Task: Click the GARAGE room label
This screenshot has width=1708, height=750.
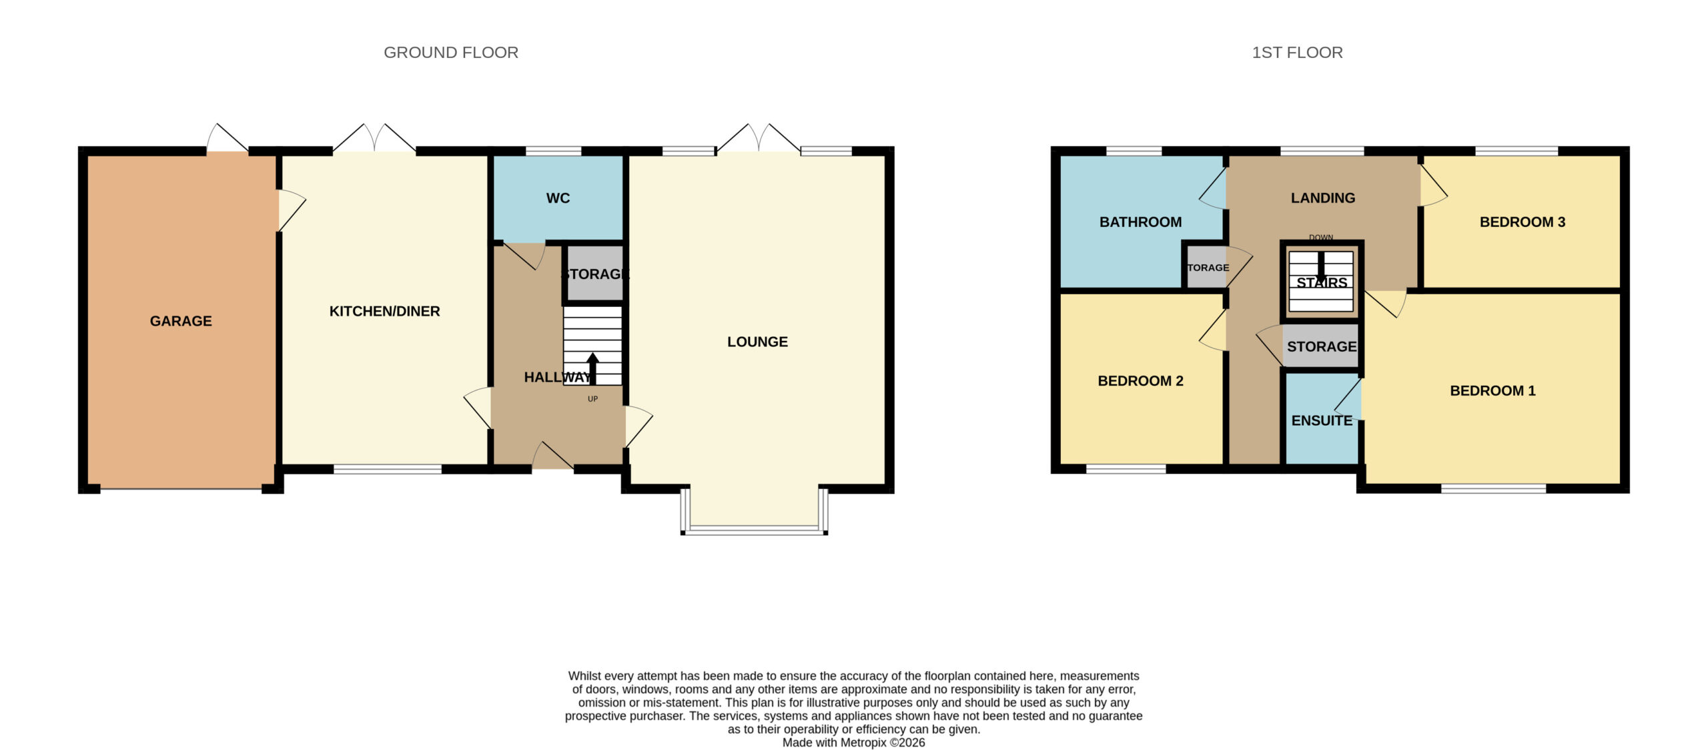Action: pos(181,321)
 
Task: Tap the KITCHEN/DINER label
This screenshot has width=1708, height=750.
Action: pos(384,311)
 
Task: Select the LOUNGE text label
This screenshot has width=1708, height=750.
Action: pos(757,342)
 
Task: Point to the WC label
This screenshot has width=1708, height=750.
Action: pos(558,198)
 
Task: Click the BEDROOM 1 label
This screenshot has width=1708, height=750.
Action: pos(1492,391)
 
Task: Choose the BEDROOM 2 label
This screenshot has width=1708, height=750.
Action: pos(1140,381)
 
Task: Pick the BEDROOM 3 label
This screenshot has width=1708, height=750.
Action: pos(1522,222)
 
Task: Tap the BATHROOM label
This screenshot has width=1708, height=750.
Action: pos(1140,222)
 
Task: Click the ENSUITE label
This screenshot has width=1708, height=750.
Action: pos(1322,420)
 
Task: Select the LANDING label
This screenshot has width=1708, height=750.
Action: pos(1322,198)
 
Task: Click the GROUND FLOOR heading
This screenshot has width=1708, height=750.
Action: pos(451,53)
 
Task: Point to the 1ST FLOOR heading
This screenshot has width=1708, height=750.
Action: pos(1297,53)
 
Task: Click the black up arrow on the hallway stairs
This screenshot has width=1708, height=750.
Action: pos(592,369)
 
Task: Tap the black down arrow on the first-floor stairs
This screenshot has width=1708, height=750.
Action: pos(1321,267)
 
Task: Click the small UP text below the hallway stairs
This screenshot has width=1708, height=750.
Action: pos(592,399)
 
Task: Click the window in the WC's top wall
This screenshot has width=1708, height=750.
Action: pos(553,151)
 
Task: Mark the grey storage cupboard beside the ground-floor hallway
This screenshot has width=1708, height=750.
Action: pos(595,274)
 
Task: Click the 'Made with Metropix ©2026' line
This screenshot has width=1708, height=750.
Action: pos(853,743)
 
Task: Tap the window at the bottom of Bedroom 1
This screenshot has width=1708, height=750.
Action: pos(1493,489)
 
